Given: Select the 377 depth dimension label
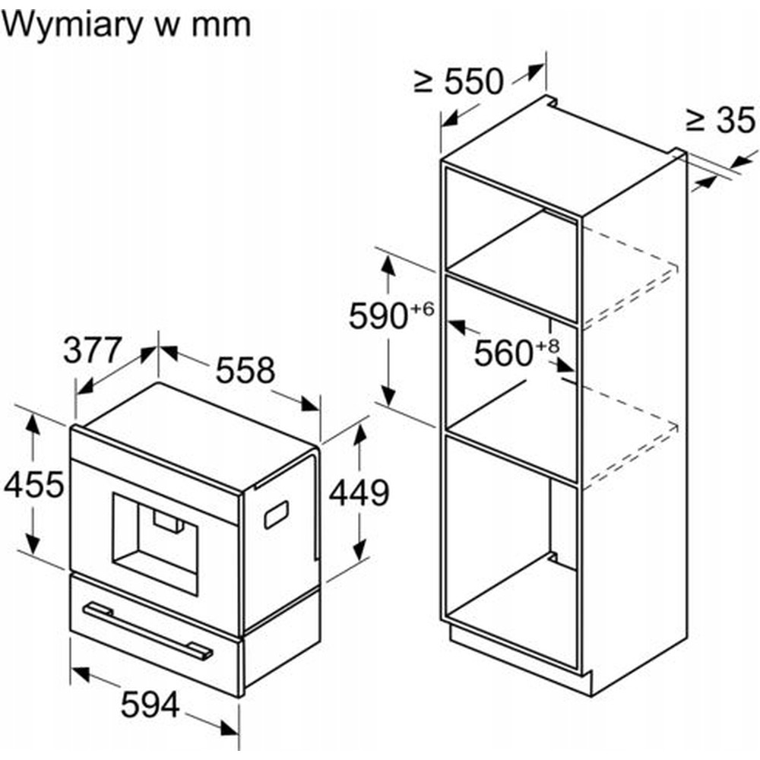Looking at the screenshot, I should [93, 351].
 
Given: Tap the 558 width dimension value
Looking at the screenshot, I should [245, 370].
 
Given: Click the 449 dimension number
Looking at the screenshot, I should [359, 493].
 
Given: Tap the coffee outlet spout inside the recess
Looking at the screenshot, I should [167, 520].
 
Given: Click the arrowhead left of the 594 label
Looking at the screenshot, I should [80, 673].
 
